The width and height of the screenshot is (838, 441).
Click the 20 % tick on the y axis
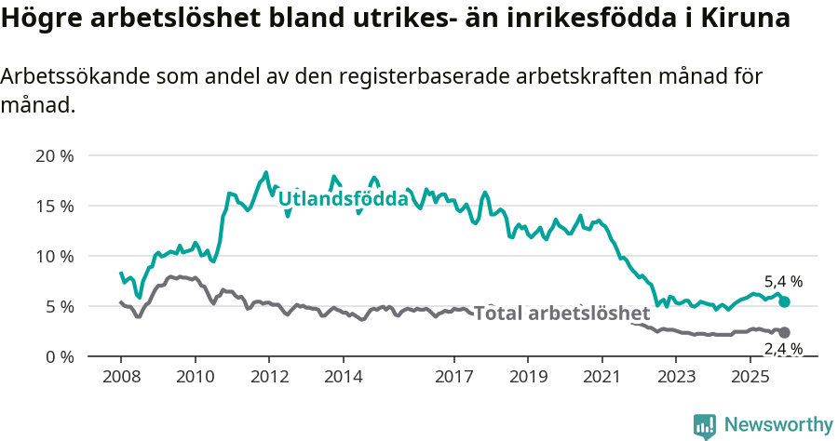coord(54,155)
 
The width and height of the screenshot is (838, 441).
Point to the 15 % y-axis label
coord(54,206)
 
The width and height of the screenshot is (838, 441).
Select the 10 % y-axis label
coord(54,256)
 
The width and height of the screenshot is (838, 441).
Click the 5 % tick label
coord(59,306)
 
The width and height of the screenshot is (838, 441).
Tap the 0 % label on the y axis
coord(59,356)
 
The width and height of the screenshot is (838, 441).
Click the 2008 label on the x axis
coord(121,377)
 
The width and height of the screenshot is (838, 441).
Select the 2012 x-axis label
coord(269,377)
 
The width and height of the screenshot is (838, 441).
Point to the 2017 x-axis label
coord(454,377)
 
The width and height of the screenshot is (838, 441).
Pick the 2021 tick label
coord(602,377)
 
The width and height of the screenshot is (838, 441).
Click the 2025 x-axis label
coord(750,377)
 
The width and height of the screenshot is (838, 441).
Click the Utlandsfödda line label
coord(344,199)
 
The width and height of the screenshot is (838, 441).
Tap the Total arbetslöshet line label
coord(561,314)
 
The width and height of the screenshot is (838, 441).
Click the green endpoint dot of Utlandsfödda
coord(784,301)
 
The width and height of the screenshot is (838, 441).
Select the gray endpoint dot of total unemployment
coord(784,332)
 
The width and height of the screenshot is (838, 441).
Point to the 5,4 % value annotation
coord(783,281)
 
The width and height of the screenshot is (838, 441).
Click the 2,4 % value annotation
coord(783,350)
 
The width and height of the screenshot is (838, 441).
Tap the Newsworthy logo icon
coord(705,426)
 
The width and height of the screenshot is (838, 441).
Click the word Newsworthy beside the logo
coord(777,425)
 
